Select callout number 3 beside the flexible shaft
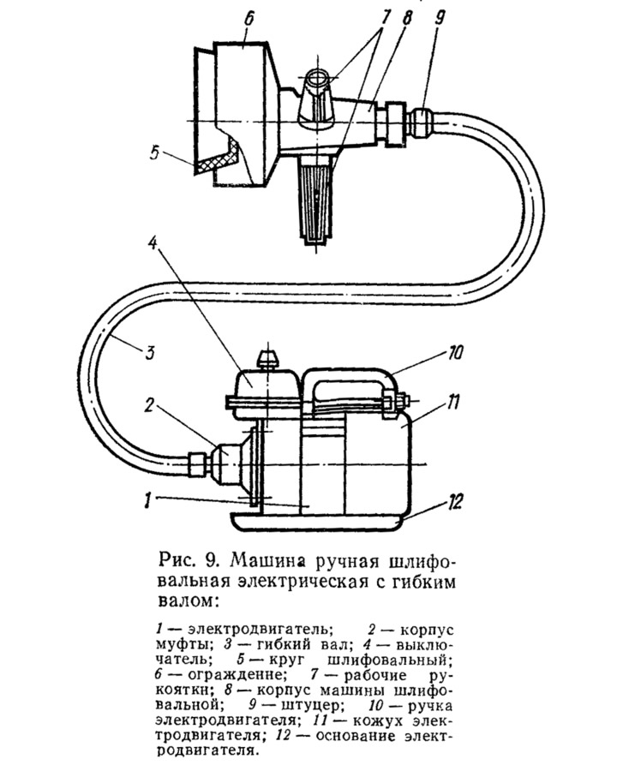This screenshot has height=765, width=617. tap(149, 352)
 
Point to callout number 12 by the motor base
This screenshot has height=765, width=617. tap(453, 503)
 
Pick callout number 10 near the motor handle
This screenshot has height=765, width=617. tap(453, 353)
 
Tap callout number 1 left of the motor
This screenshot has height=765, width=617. tap(148, 501)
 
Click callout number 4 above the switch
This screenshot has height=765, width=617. tap(153, 242)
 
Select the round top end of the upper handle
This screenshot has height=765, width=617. tap(317, 76)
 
